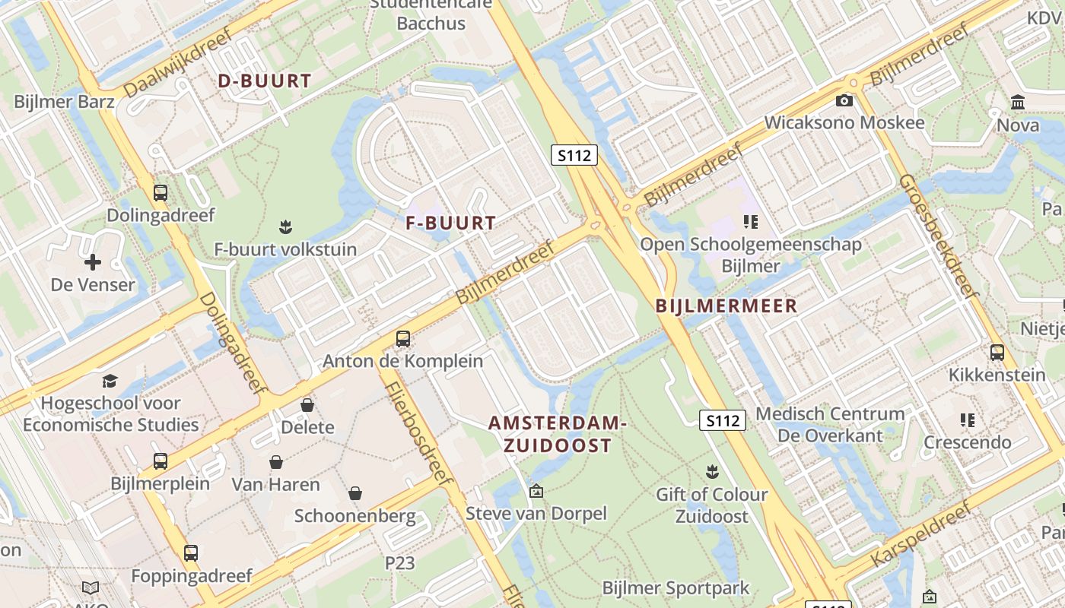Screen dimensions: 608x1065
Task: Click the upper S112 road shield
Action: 574,155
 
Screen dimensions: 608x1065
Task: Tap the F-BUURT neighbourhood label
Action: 450,223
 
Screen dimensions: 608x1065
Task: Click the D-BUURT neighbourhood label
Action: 265,81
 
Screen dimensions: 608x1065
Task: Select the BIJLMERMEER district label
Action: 726,306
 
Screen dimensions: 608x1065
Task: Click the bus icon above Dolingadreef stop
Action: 160,193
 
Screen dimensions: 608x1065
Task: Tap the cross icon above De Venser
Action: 93,262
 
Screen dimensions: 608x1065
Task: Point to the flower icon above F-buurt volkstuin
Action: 285,226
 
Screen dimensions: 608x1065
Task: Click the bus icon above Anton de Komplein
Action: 403,338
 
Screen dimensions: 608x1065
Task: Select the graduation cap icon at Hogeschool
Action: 110,381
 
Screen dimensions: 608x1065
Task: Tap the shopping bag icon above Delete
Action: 307,404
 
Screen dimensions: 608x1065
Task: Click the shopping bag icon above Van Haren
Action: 276,462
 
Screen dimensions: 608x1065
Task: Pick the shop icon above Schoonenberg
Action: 354,494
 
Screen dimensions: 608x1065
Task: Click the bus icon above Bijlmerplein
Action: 160,461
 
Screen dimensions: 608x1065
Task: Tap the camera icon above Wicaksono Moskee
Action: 844,100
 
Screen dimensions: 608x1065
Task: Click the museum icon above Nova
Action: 1018,102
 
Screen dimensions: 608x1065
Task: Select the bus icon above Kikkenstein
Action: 997,353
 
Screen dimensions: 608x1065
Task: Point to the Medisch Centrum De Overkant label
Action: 830,425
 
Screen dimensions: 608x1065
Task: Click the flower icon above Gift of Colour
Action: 712,471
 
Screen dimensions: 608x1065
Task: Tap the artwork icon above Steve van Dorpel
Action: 536,491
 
